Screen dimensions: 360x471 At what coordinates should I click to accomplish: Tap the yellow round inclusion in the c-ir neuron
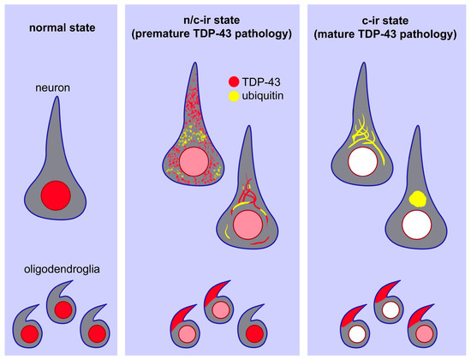click(420, 198)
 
